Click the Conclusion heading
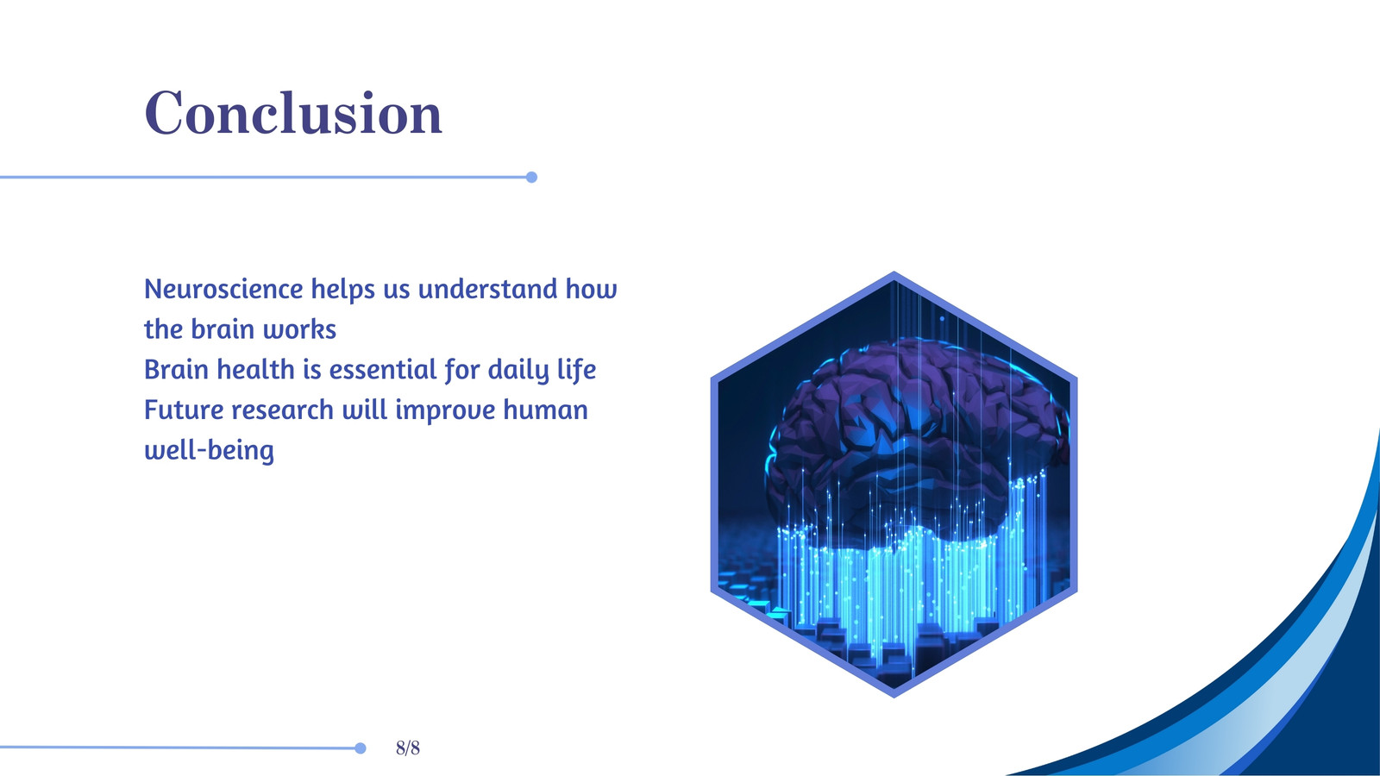click(293, 112)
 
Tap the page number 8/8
click(408, 748)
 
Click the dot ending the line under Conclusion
click(531, 178)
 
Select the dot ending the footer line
click(361, 748)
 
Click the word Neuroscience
click(223, 289)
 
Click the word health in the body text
click(255, 370)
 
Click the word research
click(282, 410)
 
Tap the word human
click(545, 410)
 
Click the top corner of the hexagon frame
click(894, 272)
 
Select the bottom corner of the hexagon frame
click(894, 695)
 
